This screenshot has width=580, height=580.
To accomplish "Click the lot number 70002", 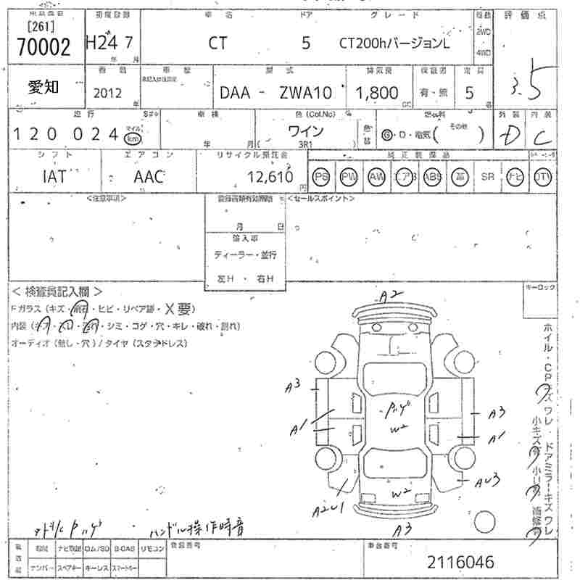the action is (43, 48).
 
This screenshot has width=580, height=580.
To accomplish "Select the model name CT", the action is (217, 43).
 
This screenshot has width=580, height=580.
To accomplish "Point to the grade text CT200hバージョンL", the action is (394, 43).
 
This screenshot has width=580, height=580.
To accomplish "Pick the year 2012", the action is (108, 93).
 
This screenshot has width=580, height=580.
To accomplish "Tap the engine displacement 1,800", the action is (376, 93).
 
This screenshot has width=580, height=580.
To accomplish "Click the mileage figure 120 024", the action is (65, 134).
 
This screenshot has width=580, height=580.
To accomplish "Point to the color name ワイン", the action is (306, 131).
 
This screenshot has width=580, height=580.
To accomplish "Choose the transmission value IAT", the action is (55, 175).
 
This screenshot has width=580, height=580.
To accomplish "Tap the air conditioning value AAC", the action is (149, 175).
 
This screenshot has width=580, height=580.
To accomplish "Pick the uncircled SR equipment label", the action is (486, 176).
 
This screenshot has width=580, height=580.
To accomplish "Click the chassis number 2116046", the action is (460, 562).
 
